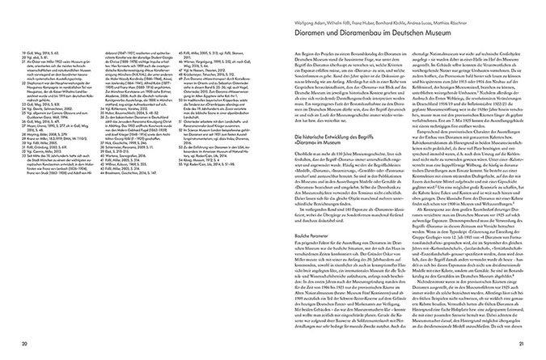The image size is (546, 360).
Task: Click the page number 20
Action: tap(23, 344)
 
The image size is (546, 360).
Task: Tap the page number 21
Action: tap(523, 344)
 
